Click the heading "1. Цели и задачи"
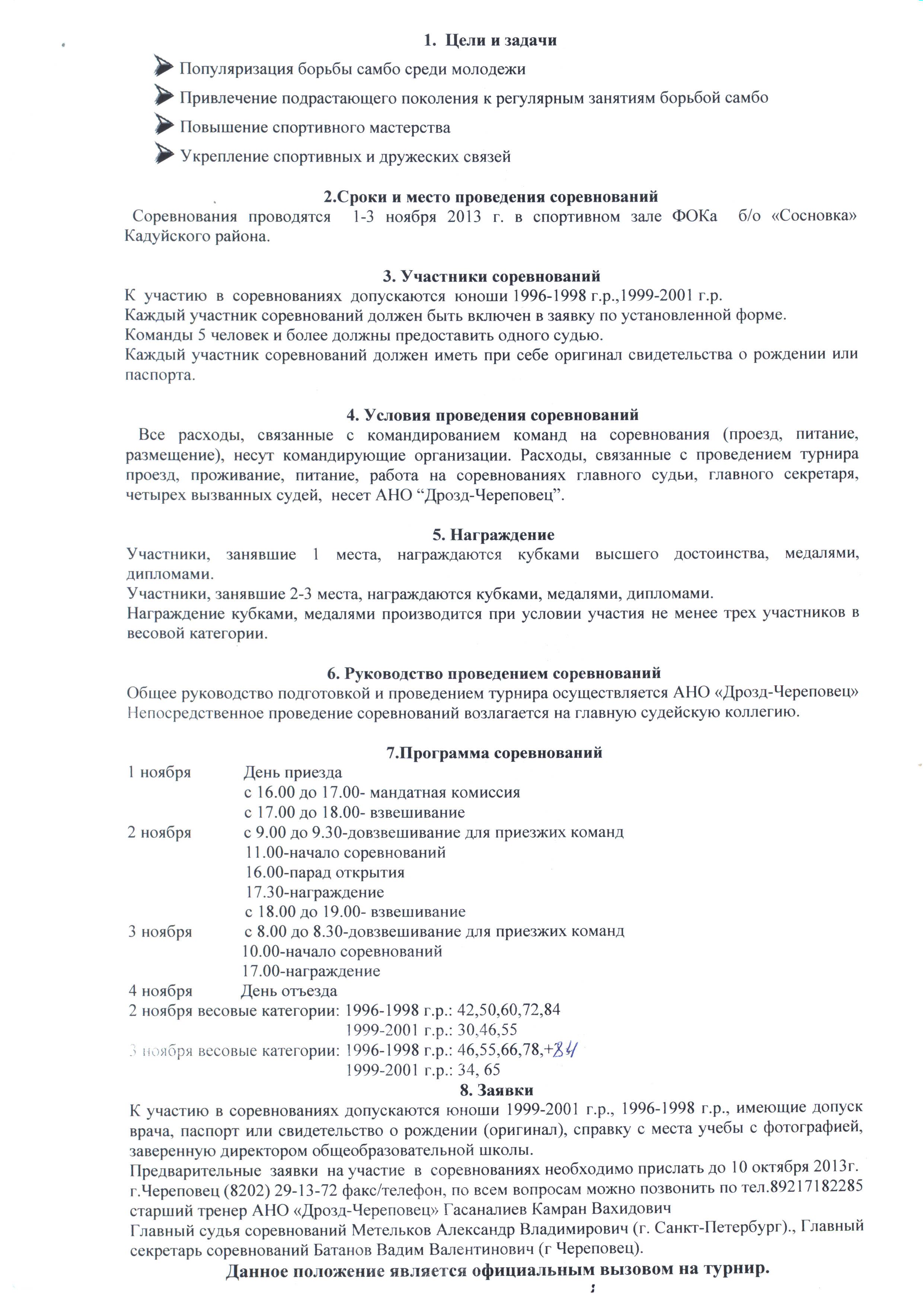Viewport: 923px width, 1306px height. pyautogui.click(x=489, y=40)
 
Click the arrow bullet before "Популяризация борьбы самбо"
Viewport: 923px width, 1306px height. pyautogui.click(x=164, y=69)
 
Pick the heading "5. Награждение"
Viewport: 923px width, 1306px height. pyautogui.click(x=494, y=535)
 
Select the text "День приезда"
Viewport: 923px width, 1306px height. pyautogui.click(x=293, y=772)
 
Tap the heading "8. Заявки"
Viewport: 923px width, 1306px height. pyautogui.click(x=496, y=1090)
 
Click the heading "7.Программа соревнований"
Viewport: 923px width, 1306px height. pyautogui.click(x=494, y=753)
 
